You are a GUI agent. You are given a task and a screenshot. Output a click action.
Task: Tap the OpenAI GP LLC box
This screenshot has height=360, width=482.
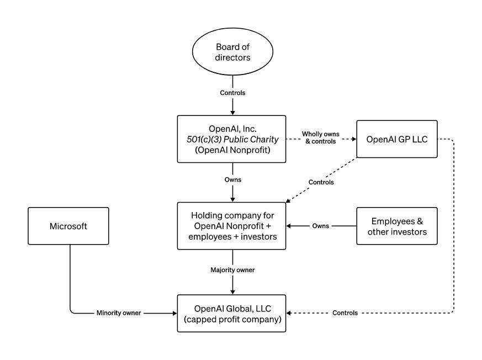(397, 139)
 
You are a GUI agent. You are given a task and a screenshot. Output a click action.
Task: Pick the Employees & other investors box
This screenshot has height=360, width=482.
(397, 226)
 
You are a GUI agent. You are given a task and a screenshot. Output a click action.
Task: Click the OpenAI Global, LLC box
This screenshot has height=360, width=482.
(232, 313)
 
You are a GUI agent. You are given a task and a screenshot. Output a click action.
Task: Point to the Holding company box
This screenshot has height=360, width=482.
(232, 226)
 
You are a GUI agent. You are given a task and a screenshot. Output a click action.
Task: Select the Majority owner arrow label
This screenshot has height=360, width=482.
(232, 270)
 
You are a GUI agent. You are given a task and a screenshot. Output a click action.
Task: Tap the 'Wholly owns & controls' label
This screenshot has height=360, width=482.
(321, 139)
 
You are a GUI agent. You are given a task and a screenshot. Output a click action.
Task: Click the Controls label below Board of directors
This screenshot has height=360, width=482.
(232, 93)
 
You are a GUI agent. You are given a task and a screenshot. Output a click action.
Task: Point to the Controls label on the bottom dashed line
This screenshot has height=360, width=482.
(345, 313)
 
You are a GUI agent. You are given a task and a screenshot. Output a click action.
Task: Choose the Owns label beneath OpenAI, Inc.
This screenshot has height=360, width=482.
(232, 180)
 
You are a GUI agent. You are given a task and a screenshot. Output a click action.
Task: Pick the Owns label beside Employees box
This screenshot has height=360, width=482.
(321, 226)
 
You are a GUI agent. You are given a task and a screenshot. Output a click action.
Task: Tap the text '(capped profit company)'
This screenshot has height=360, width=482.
(232, 319)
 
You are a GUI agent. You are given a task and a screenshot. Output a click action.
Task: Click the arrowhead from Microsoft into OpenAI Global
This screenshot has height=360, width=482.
(173, 313)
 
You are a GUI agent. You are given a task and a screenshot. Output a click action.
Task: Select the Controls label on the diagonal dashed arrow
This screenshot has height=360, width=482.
(321, 181)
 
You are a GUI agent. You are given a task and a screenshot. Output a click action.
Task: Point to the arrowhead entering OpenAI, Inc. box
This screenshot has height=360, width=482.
(232, 112)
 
